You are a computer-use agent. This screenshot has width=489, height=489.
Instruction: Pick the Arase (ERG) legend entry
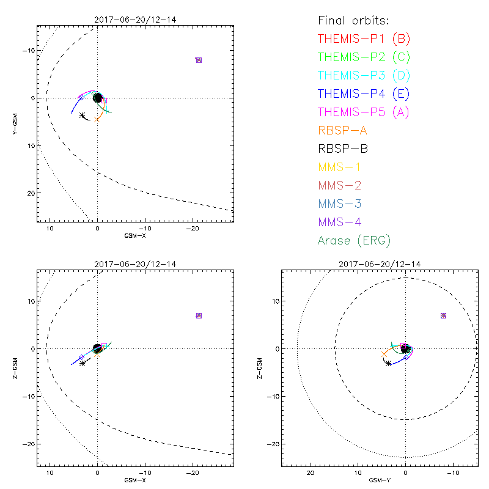(354, 240)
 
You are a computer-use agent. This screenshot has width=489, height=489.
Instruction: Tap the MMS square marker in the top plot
(199, 60)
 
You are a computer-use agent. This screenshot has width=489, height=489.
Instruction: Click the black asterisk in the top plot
(83, 115)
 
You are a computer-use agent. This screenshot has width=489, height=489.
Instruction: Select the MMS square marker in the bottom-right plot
(443, 315)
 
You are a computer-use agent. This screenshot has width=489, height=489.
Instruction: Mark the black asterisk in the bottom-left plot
(83, 363)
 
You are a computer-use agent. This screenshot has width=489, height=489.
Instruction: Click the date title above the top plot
(135, 20)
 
